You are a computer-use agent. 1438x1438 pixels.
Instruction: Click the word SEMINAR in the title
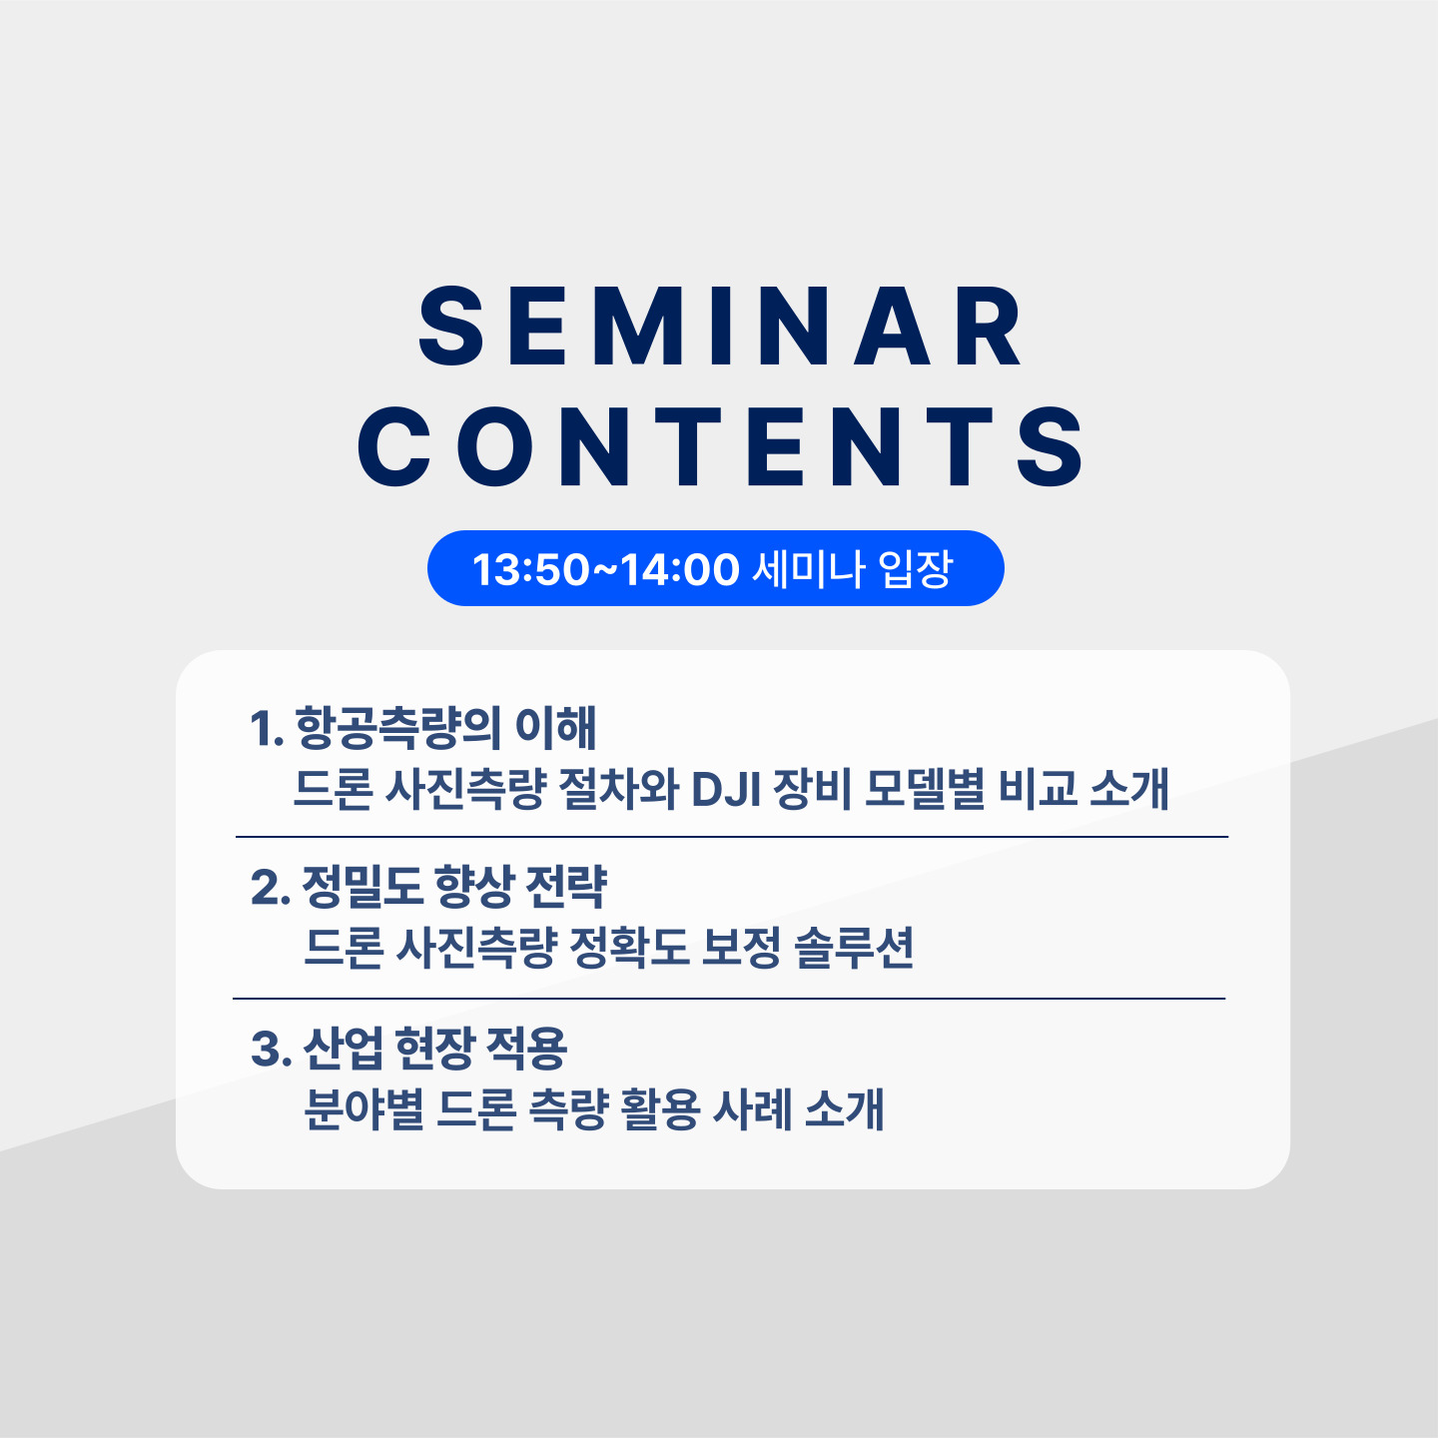719,327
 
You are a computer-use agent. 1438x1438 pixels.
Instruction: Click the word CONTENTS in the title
719,446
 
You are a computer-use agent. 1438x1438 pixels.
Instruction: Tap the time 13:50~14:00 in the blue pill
605,569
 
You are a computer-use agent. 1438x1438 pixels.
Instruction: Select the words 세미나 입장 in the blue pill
852,569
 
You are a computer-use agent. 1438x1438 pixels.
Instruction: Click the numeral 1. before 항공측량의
268,728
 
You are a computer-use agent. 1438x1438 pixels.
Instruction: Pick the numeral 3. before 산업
271,1048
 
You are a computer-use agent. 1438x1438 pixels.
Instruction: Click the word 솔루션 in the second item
854,949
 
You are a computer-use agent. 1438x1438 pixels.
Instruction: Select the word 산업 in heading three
344,1048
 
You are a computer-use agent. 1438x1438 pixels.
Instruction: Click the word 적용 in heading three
527,1048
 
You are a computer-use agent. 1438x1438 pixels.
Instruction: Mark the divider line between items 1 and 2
731,837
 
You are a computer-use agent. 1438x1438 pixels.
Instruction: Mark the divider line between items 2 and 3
729,999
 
